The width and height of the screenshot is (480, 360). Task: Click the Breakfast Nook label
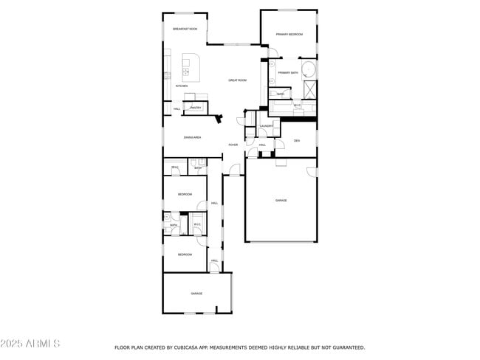tap(185, 29)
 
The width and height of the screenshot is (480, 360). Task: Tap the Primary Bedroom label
tap(289, 35)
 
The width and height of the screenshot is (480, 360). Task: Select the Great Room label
tap(237, 80)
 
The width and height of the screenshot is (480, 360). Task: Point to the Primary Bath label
tap(288, 72)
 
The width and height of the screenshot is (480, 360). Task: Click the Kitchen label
tap(181, 86)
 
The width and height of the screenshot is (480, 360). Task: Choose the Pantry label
tap(196, 108)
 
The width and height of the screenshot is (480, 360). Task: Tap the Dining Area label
tap(193, 137)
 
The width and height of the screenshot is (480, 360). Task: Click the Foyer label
tap(233, 145)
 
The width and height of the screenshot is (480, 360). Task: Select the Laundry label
tap(267, 126)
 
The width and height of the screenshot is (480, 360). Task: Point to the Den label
tap(296, 140)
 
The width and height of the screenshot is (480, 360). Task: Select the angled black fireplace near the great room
tap(219, 118)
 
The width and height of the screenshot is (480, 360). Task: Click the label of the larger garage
tap(281, 200)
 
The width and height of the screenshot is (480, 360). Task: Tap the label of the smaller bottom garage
tap(196, 294)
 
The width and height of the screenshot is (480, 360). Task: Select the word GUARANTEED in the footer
tap(348, 347)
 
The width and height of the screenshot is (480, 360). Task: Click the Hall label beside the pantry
tap(177, 108)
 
